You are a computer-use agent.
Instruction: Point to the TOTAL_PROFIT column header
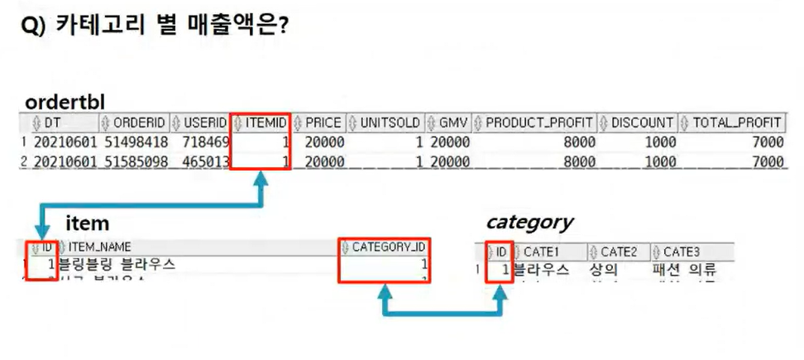(736, 122)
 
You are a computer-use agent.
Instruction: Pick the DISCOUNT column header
(642, 122)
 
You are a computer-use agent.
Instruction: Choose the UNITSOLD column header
(390, 122)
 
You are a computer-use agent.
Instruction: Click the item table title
(87, 223)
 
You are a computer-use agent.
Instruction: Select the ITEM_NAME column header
(98, 247)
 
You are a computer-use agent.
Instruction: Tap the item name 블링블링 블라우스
(116, 265)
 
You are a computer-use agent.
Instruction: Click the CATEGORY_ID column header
(388, 247)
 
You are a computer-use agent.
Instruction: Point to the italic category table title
(529, 222)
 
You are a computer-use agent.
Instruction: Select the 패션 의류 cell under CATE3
(683, 270)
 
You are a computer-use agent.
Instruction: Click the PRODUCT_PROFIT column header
(540, 122)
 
